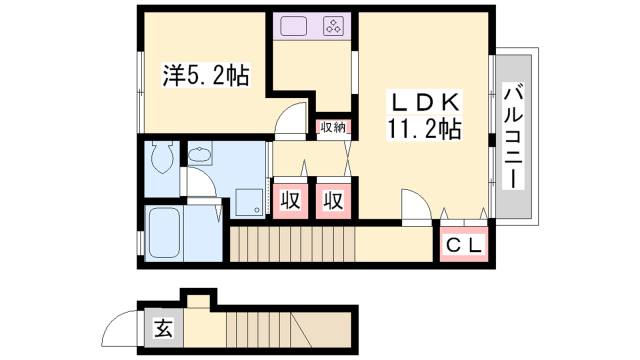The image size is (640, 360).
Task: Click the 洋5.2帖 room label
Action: tap(206, 75)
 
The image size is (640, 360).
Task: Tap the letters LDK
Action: tap(425, 102)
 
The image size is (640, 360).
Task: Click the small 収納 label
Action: tap(332, 127)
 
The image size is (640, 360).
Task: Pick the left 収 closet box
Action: tap(289, 198)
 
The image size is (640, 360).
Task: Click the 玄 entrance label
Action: tap(162, 326)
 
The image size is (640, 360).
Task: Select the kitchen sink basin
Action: tap(296, 27)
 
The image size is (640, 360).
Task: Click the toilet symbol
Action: tap(160, 157)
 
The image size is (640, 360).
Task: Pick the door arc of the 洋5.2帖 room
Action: tap(291, 120)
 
